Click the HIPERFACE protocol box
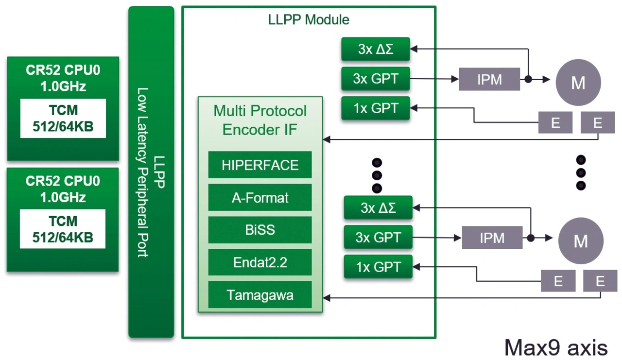260,165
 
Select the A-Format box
260,198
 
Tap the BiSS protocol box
260,230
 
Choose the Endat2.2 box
260,262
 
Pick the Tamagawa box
260,295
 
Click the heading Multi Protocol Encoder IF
260,120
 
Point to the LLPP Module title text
309,20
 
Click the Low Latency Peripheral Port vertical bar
151,172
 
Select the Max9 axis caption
555,347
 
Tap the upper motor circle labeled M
578,83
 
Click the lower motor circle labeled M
581,241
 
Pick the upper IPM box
489,79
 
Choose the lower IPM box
492,238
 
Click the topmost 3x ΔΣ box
375,49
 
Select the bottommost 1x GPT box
378,267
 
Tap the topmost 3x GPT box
375,79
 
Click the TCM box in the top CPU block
63,119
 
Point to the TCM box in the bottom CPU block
63,229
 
